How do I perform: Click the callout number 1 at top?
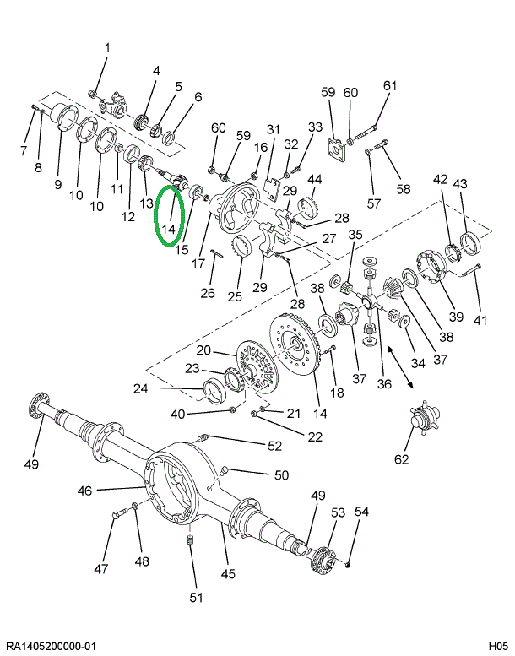(107, 47)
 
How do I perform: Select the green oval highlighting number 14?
(170, 216)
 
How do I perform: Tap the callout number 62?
(401, 459)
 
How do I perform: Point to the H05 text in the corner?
(496, 646)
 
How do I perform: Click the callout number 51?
(195, 598)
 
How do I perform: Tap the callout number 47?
(101, 569)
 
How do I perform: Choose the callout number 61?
(389, 85)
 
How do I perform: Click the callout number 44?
(314, 179)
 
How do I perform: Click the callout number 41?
(480, 320)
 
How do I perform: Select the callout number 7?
(24, 150)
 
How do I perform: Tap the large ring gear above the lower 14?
(300, 347)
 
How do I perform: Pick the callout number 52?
(274, 446)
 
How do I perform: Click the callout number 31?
(273, 129)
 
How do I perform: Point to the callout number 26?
(208, 293)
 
